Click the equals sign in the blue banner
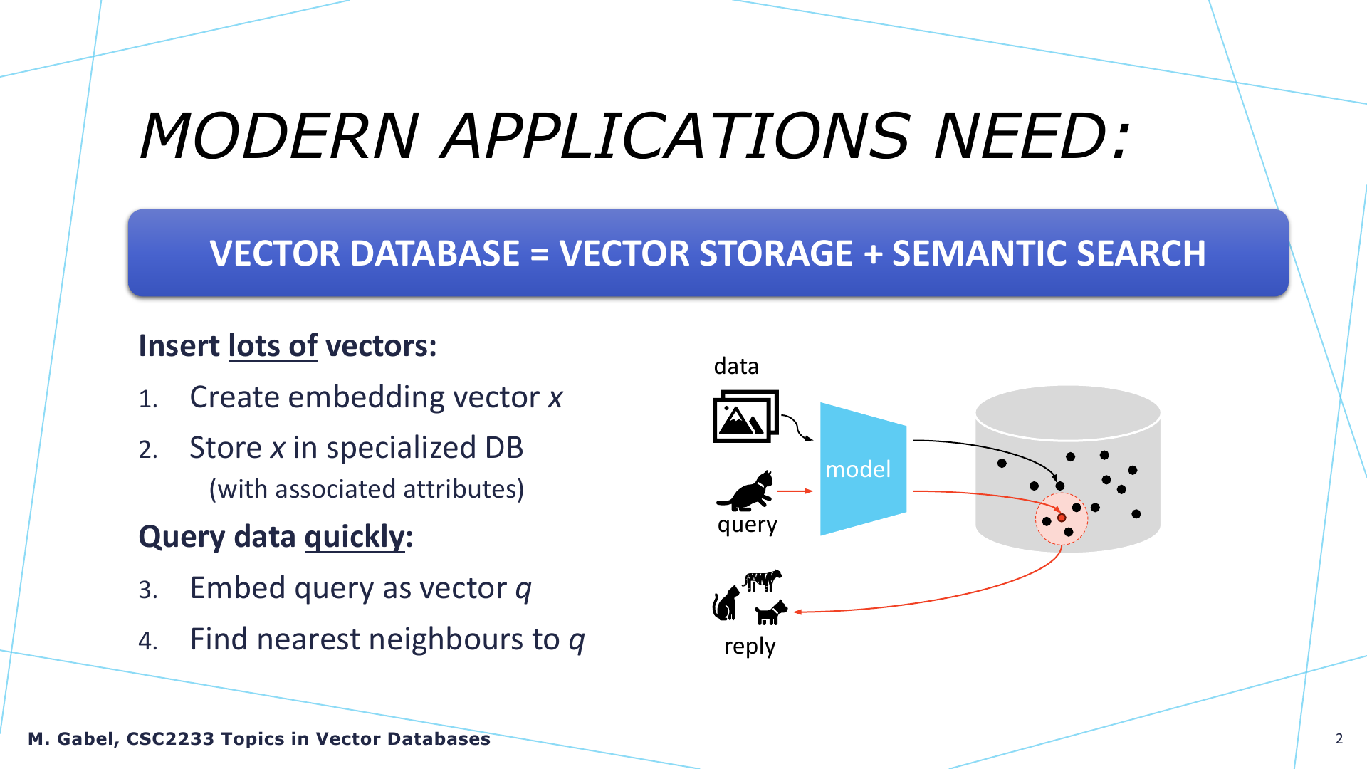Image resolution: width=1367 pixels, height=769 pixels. tap(540, 254)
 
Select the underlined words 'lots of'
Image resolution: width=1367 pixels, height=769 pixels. tap(273, 346)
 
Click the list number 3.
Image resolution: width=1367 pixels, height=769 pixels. tap(148, 590)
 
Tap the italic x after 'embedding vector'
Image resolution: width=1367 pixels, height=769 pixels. tap(555, 398)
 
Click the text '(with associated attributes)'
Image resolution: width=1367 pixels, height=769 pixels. tap(367, 490)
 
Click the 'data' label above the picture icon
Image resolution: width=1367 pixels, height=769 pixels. tap(736, 366)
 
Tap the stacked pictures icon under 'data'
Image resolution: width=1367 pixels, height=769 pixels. tap(745, 416)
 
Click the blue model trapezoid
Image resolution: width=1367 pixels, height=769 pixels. tap(863, 469)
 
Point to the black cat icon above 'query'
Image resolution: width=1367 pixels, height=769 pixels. tap(745, 491)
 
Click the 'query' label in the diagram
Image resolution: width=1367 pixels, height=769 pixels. tap(748, 525)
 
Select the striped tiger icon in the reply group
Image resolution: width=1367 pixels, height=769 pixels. tap(763, 580)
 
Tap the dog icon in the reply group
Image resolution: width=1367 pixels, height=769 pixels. tap(771, 612)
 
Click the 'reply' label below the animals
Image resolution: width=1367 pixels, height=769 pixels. tap(750, 647)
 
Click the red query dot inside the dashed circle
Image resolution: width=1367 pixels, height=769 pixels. tap(1062, 518)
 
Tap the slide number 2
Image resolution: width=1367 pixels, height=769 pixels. tap(1339, 738)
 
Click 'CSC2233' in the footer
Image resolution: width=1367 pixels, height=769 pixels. tap(170, 739)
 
